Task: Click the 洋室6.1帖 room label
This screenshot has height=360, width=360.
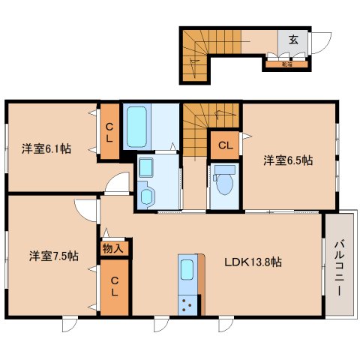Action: tap(46, 148)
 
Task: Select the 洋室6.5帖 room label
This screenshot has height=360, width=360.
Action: tap(287, 160)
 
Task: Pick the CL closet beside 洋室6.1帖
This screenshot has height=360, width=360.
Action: tap(109, 133)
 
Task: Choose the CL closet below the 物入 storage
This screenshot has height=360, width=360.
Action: tap(114, 286)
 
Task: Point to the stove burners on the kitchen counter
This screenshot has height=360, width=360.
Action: tap(187, 304)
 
